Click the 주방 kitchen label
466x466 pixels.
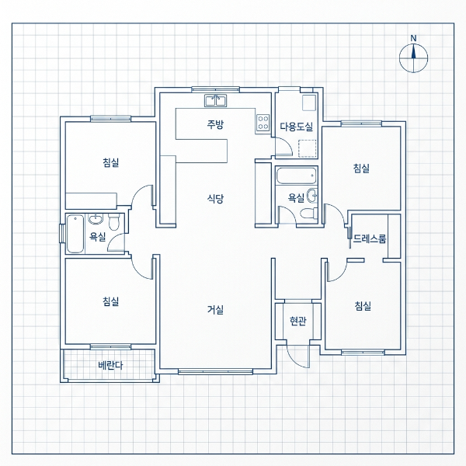(x=215, y=124)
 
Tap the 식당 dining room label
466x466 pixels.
(x=215, y=198)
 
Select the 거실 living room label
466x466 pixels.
(x=215, y=310)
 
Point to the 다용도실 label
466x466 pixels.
(x=297, y=127)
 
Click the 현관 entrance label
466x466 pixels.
(x=297, y=321)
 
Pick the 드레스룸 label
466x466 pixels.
(x=370, y=238)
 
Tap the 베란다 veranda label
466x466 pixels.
(x=110, y=365)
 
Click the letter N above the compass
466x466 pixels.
(x=413, y=38)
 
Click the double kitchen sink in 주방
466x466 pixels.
(x=215, y=101)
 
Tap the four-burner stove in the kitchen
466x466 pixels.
(x=263, y=123)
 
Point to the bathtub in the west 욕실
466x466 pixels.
(x=75, y=234)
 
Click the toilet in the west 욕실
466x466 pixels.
(x=114, y=221)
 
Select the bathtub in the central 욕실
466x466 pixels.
(x=296, y=176)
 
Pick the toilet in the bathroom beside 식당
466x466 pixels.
(x=308, y=214)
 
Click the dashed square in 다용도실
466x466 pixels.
(x=308, y=148)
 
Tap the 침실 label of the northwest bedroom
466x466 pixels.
(x=111, y=162)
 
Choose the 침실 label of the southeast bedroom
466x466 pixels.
(x=363, y=306)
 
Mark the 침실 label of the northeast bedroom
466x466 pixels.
(x=361, y=169)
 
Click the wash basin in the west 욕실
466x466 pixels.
(x=96, y=219)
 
